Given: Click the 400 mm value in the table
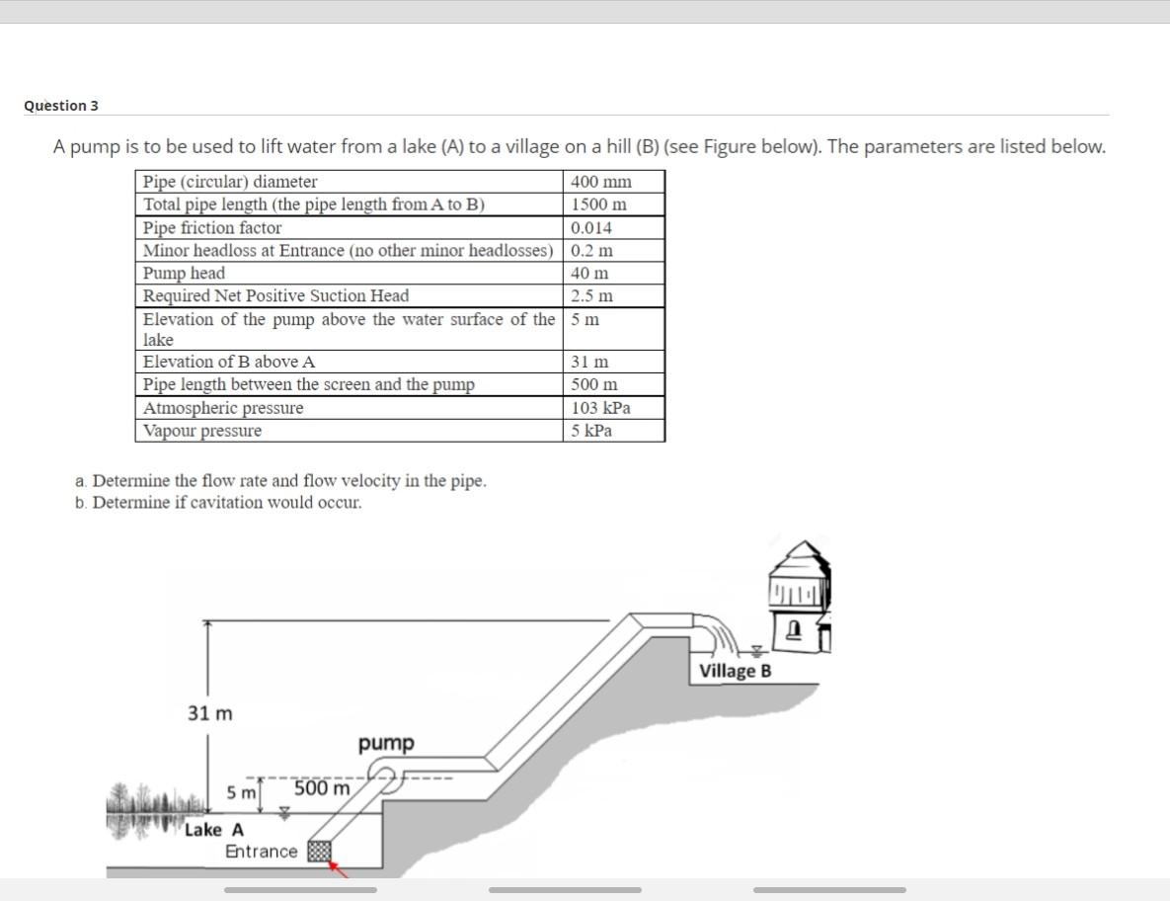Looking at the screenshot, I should point(601,182).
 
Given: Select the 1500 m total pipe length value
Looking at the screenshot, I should point(599,205).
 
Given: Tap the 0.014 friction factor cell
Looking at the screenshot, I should point(592,227).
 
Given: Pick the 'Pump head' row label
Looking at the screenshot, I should point(184,273).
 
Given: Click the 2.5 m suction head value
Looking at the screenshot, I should point(592,295).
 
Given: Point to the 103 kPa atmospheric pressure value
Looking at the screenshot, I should point(601,408).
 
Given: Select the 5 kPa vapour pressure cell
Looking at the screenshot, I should point(591,431).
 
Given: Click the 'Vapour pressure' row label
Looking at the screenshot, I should point(202,431).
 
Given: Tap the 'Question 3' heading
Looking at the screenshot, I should point(61,106).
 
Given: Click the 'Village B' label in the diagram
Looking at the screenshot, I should point(736,672).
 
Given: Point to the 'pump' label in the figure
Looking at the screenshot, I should point(386,743).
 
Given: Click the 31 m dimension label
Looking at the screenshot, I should point(210,713).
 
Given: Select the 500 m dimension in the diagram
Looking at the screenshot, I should point(322,790).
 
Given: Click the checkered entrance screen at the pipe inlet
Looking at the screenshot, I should point(318,852).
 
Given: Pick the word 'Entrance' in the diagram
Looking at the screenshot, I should point(261,852).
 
